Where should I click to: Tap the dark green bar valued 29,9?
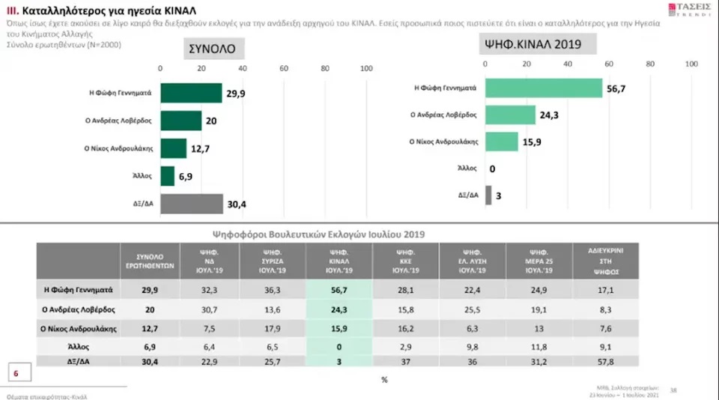pyautogui.click(x=191, y=93)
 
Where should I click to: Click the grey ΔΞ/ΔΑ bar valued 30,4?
pyautogui.click(x=192, y=204)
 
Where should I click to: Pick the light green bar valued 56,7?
pyautogui.click(x=544, y=88)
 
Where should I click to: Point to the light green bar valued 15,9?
pyautogui.click(x=502, y=142)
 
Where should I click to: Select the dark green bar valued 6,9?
pyautogui.click(x=166, y=176)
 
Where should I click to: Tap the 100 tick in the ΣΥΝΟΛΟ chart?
pyautogui.click(x=366, y=69)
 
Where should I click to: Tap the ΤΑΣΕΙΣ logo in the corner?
pyautogui.click(x=681, y=10)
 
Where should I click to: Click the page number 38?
pyautogui.click(x=673, y=389)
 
